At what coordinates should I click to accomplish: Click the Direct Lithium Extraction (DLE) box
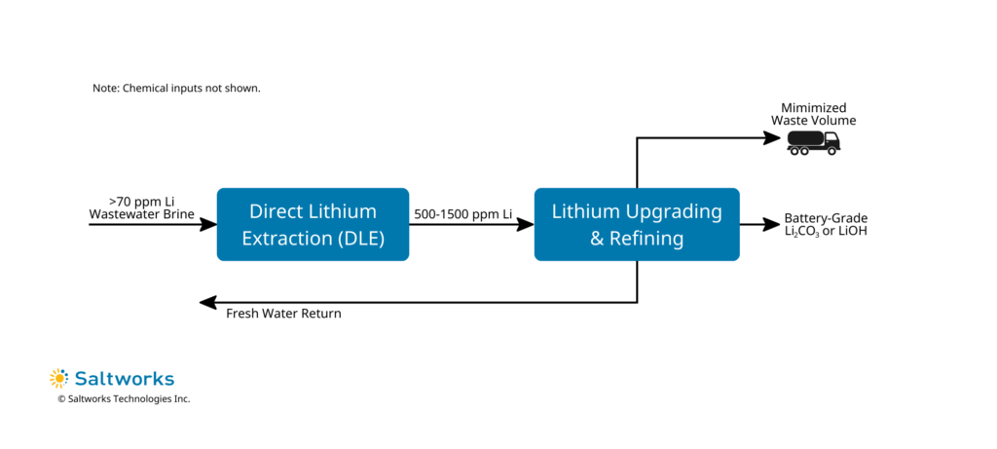pos(313,224)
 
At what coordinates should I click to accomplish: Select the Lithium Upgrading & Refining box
pos(637,224)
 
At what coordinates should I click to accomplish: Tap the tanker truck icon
pos(814,142)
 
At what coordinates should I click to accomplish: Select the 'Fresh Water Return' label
pos(283,314)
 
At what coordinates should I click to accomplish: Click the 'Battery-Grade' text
pos(825,218)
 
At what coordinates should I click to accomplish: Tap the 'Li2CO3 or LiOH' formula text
pos(825,232)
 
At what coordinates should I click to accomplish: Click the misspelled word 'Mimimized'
pos(814,107)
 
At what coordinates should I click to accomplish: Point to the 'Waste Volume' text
pos(814,120)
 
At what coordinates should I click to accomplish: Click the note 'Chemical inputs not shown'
pos(176,88)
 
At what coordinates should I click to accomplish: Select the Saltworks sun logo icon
pos(59,378)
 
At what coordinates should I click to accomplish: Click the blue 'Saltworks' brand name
pos(122,378)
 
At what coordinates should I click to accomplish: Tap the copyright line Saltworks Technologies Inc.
pos(124,399)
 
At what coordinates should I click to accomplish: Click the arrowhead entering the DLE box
pos(208,224)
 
